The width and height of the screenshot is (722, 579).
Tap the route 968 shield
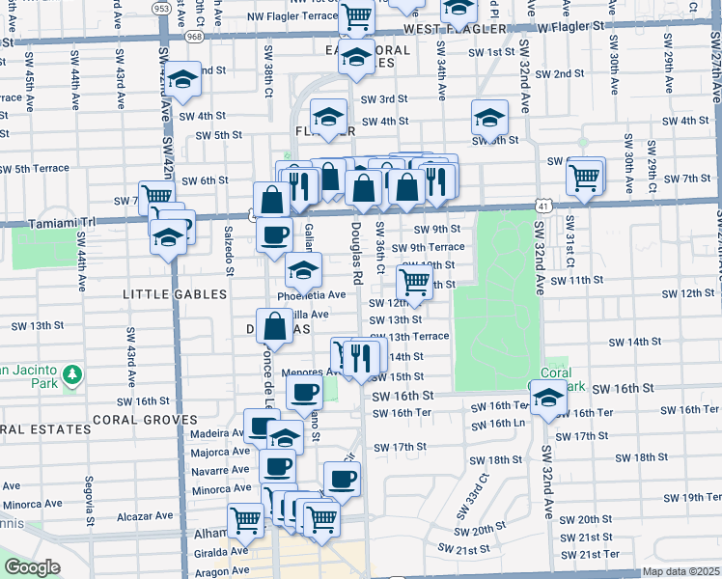196,37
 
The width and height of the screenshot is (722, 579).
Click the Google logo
32,566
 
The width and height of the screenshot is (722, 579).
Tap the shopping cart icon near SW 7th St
585,176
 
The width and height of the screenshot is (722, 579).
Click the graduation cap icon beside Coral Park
548,398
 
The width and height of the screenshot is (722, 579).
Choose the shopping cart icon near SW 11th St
414,282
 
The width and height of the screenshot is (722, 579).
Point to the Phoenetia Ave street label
311,294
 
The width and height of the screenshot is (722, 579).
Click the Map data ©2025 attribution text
680,571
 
